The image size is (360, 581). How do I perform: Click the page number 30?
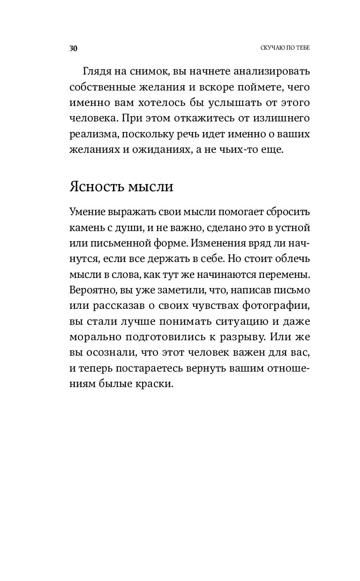click(73, 48)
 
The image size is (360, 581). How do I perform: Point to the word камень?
click(87, 229)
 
